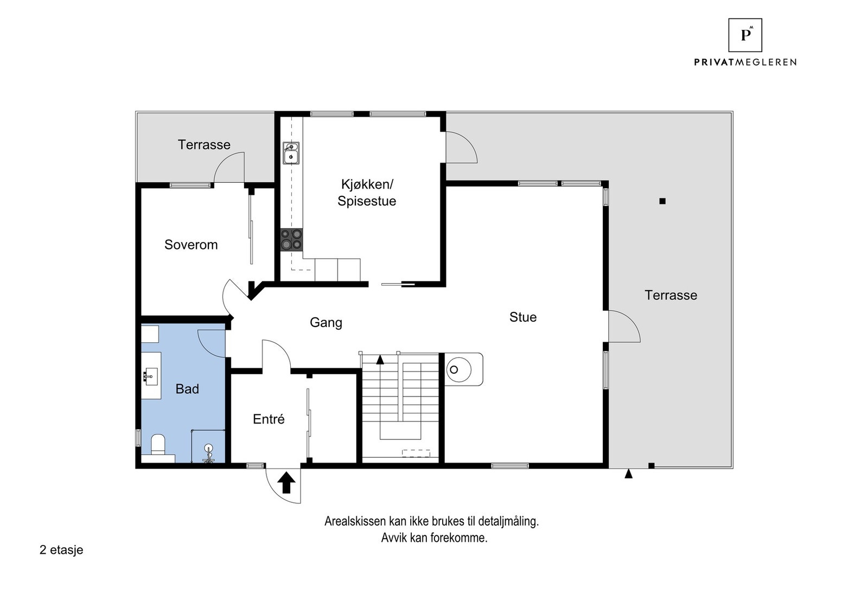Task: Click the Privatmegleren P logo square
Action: (745, 35)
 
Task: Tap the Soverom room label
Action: (191, 245)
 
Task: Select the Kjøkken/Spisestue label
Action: (367, 193)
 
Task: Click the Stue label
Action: (523, 317)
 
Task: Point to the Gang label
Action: (325, 323)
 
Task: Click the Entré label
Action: (269, 419)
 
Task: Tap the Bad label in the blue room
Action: (187, 389)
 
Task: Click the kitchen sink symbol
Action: (291, 152)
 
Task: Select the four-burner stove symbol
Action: (291, 239)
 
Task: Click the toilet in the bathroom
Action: (158, 445)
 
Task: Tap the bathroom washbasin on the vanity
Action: (151, 375)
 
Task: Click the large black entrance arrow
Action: (286, 482)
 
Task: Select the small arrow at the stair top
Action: (380, 359)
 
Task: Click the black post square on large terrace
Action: (662, 201)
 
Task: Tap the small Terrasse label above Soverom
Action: (204, 145)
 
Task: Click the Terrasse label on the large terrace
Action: (671, 295)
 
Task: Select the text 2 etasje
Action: (61, 550)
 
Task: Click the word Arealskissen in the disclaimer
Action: (355, 521)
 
